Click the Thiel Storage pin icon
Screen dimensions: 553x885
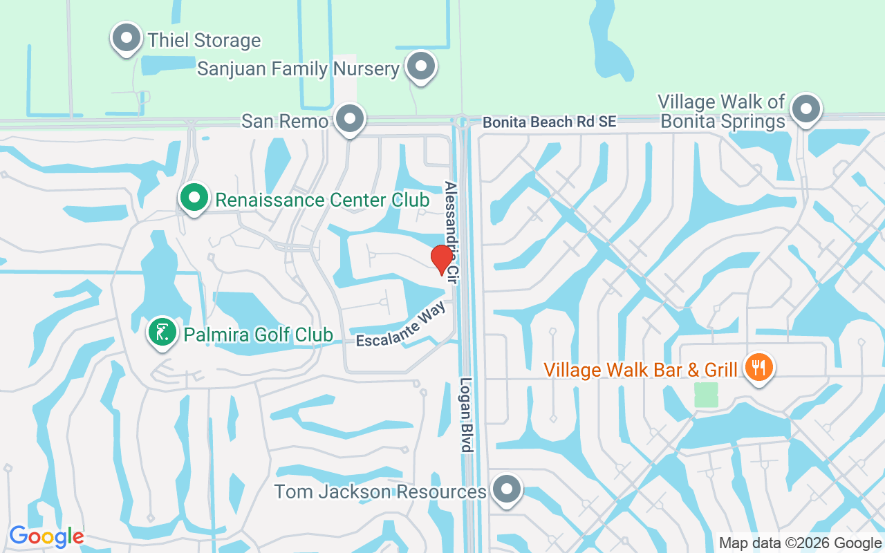tap(127, 37)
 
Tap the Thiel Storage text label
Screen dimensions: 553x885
tap(204, 40)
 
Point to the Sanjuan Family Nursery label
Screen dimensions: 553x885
tap(299, 69)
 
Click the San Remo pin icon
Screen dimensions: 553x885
tap(350, 118)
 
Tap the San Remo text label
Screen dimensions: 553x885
tap(284, 121)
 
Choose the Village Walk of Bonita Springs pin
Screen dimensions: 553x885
tap(805, 109)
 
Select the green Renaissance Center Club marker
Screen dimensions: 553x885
tap(195, 198)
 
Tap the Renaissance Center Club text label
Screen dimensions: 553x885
tap(322, 200)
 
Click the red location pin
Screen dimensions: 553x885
tap(442, 260)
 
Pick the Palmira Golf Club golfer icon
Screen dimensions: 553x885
tap(162, 333)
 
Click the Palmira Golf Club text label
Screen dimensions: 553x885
tap(258, 335)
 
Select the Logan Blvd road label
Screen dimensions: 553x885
tap(467, 415)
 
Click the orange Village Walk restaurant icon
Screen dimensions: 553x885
tap(759, 367)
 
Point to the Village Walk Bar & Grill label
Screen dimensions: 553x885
tap(641, 370)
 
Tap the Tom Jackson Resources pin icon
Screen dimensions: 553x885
tap(507, 489)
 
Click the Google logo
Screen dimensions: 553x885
tap(46, 536)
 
